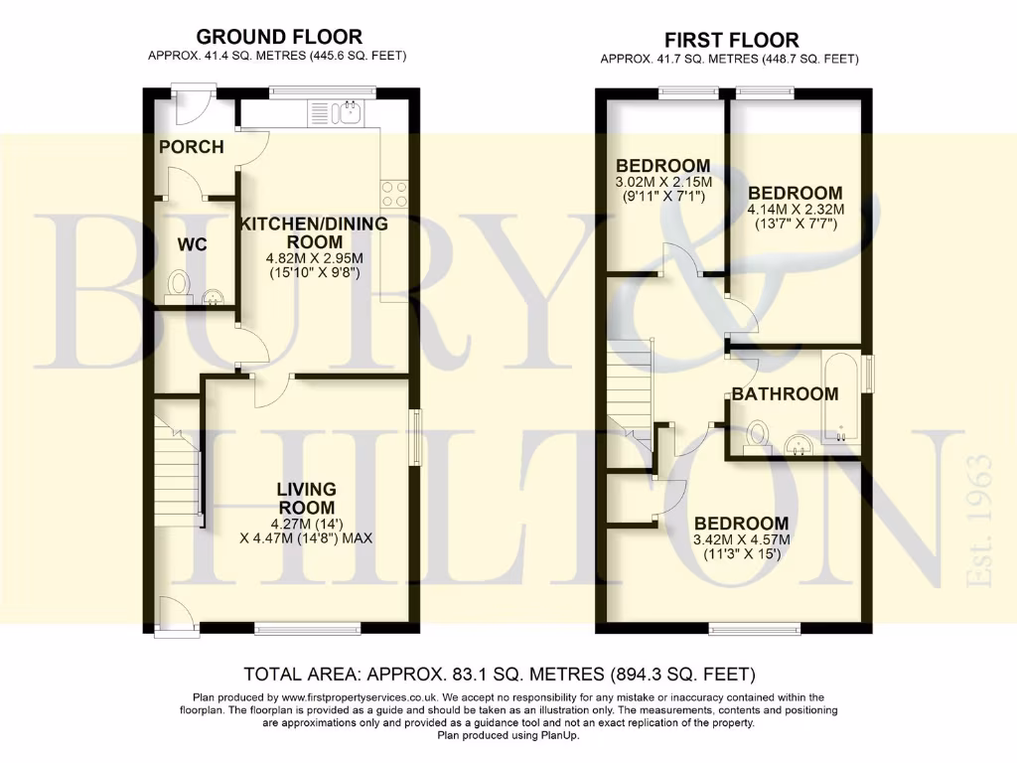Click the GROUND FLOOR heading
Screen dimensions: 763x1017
pos(277,38)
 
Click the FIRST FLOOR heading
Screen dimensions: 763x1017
pos(730,41)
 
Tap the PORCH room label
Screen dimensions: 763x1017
pos(192,147)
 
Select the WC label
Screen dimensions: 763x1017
pos(192,244)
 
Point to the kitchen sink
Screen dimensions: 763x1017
pos(349,112)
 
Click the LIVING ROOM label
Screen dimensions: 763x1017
pos(307,499)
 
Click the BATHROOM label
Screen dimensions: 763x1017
pos(786,394)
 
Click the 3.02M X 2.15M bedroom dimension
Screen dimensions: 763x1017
pos(663,183)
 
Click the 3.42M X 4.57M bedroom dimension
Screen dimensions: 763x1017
pos(742,540)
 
